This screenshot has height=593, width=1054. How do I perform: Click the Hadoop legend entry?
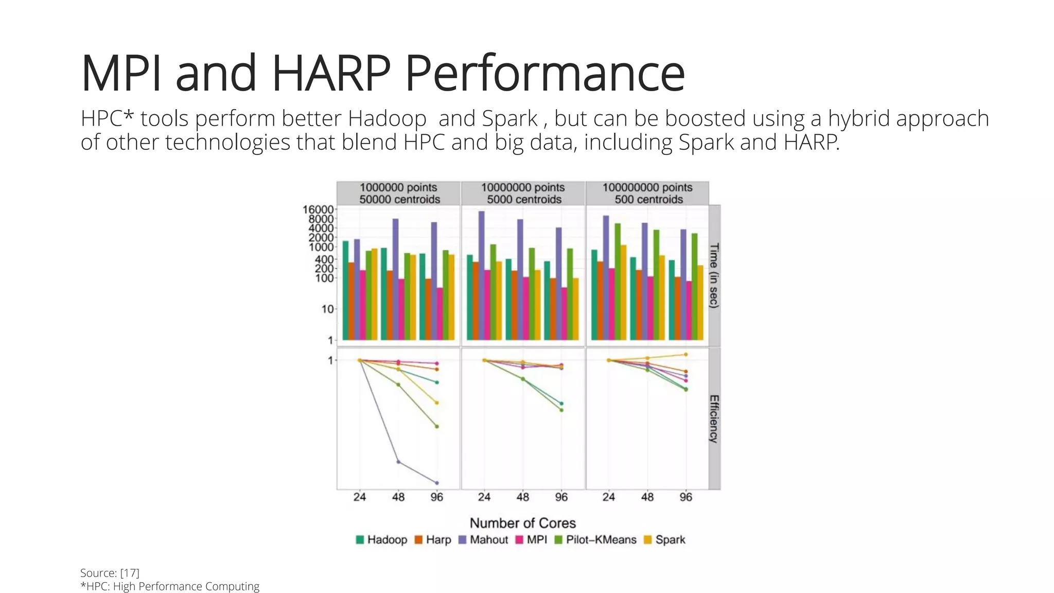tap(381, 539)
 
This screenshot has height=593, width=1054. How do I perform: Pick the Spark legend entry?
tap(664, 539)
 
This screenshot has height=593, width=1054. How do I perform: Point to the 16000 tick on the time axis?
tap(318, 210)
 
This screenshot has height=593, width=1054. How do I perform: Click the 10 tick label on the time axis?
tap(327, 309)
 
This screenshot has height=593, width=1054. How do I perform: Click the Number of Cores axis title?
tap(522, 523)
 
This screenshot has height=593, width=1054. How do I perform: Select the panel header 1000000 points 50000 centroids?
tap(399, 193)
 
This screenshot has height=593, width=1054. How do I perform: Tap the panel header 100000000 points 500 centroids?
tap(647, 193)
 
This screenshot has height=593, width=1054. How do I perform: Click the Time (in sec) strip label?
tap(714, 275)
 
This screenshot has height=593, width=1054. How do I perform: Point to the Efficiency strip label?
tap(714, 418)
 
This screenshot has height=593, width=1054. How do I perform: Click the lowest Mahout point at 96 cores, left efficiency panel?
tap(437, 483)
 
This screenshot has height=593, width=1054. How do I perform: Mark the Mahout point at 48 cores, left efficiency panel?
tap(398, 462)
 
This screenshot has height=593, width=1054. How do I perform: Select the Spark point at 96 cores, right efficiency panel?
tap(686, 354)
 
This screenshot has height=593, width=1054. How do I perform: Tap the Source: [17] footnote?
tap(110, 573)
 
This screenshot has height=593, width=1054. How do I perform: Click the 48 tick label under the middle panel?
tap(522, 497)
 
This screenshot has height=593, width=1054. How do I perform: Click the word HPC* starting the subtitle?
tap(107, 119)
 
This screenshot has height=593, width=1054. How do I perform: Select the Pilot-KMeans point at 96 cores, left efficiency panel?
tap(437, 426)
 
